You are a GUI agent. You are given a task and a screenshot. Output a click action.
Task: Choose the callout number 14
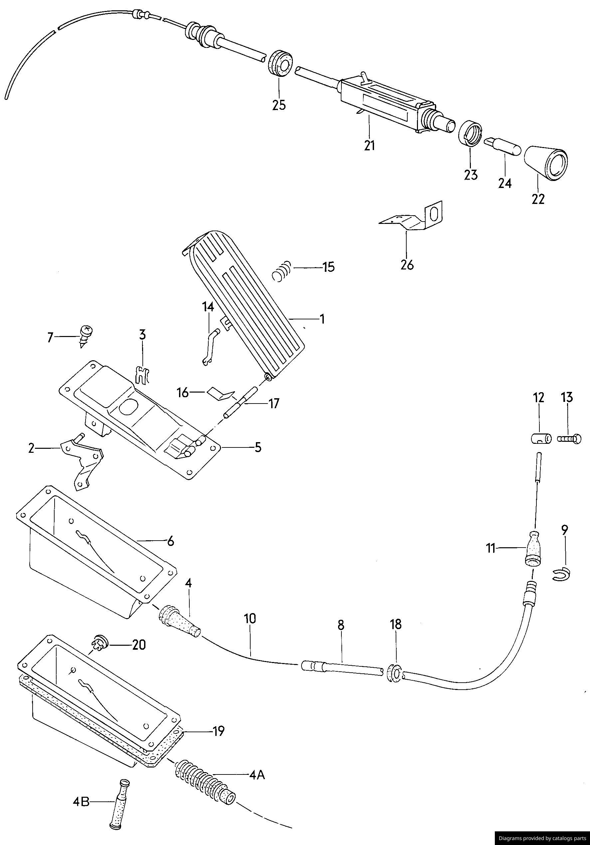point(208,308)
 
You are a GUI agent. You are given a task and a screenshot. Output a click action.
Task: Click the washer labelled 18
point(395,673)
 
